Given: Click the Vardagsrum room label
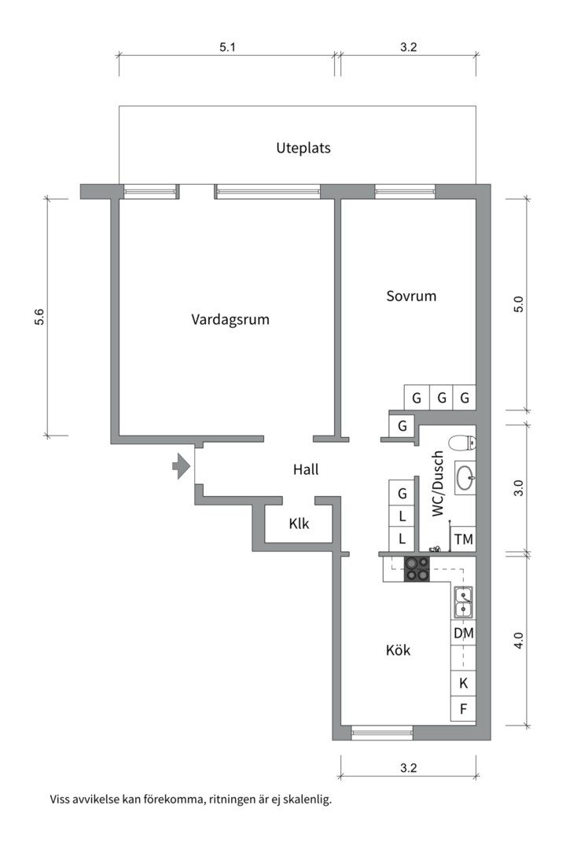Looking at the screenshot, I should coord(230,320).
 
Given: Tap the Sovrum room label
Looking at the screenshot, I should coord(411,296).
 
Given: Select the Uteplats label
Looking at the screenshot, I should coord(303,148).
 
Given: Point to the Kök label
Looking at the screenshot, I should coord(398,651).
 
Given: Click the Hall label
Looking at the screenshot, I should coord(306,469).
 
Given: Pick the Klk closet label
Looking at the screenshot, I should coord(299,523).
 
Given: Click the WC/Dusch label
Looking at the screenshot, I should coord(438,483).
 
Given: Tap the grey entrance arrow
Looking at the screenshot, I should coord(182,466).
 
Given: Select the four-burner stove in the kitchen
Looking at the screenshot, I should coord(417,568).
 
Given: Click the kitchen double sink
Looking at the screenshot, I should coord(463,602).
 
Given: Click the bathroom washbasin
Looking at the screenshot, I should coord(465,475).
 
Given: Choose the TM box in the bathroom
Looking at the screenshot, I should coord(463,539).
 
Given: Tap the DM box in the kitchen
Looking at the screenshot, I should coord(463,632).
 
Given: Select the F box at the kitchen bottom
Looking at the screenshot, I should coord(463,709).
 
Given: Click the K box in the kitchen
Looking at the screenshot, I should coord(463,683).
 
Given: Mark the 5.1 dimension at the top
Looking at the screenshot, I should coord(227,48).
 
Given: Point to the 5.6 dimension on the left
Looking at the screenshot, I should coord(39,317).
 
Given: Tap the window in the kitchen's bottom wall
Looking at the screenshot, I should coord(382,733).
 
